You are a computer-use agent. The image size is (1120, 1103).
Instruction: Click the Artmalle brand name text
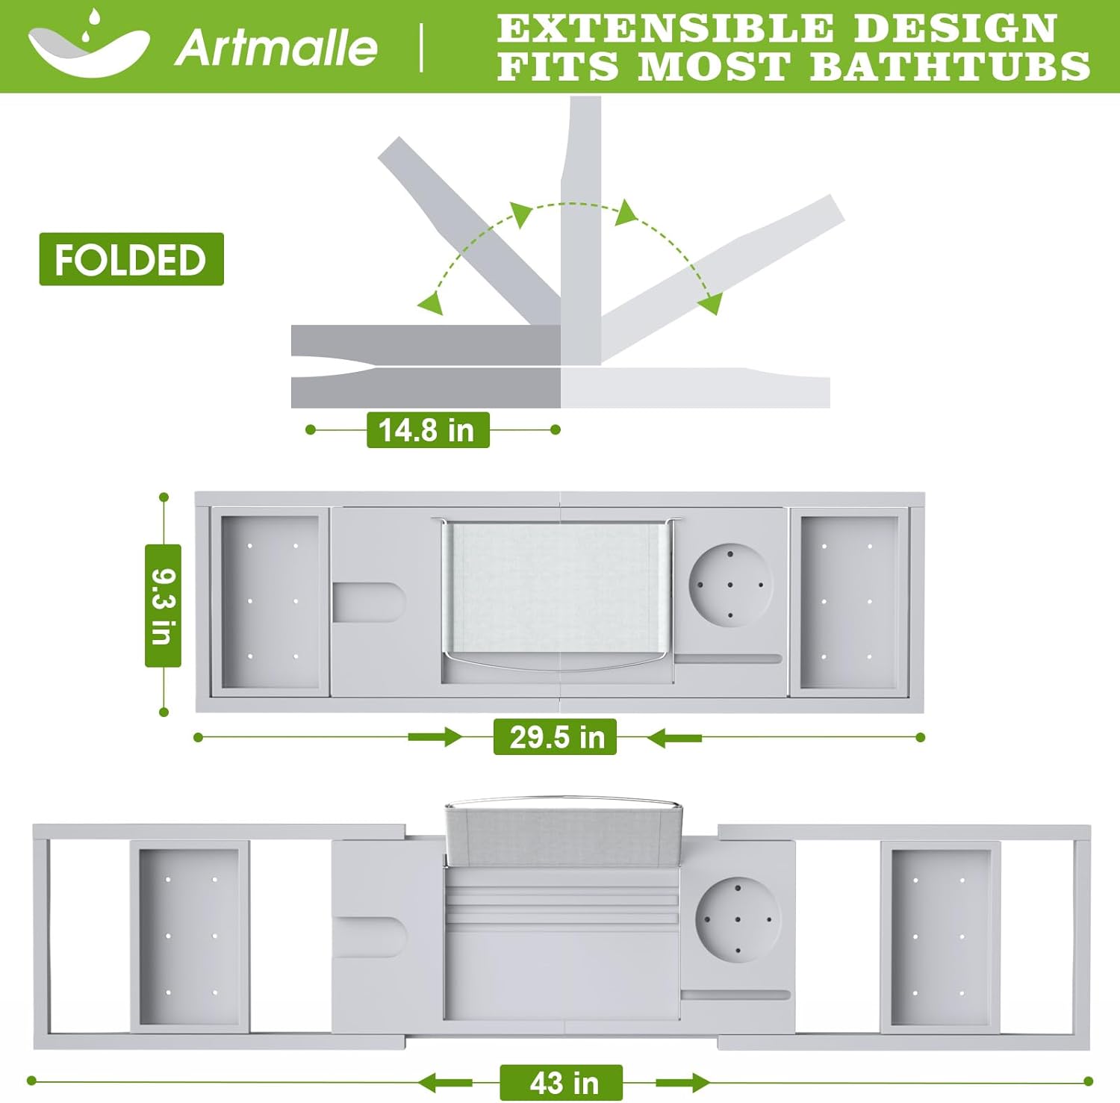tap(276, 48)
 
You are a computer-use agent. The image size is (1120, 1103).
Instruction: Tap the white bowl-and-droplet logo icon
tap(88, 46)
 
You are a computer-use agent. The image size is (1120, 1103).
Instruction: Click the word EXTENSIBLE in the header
tap(665, 28)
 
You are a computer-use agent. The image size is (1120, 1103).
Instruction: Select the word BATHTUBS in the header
tap(950, 66)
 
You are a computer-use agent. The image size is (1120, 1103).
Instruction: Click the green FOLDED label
tap(131, 259)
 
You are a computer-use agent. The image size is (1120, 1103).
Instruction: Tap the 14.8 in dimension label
tap(427, 430)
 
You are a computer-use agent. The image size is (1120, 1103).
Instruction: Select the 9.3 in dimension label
tap(163, 606)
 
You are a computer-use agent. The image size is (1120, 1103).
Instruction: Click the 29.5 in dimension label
tap(556, 737)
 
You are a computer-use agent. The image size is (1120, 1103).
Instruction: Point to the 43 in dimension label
tap(561, 1083)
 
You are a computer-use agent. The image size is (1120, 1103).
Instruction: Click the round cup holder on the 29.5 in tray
tap(730, 584)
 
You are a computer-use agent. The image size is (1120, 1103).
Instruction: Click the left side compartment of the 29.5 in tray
tap(270, 601)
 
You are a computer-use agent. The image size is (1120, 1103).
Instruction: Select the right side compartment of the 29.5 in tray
tap(848, 601)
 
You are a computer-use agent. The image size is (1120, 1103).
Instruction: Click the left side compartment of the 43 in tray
tap(190, 937)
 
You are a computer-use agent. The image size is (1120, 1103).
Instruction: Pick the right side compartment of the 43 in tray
tap(940, 937)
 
